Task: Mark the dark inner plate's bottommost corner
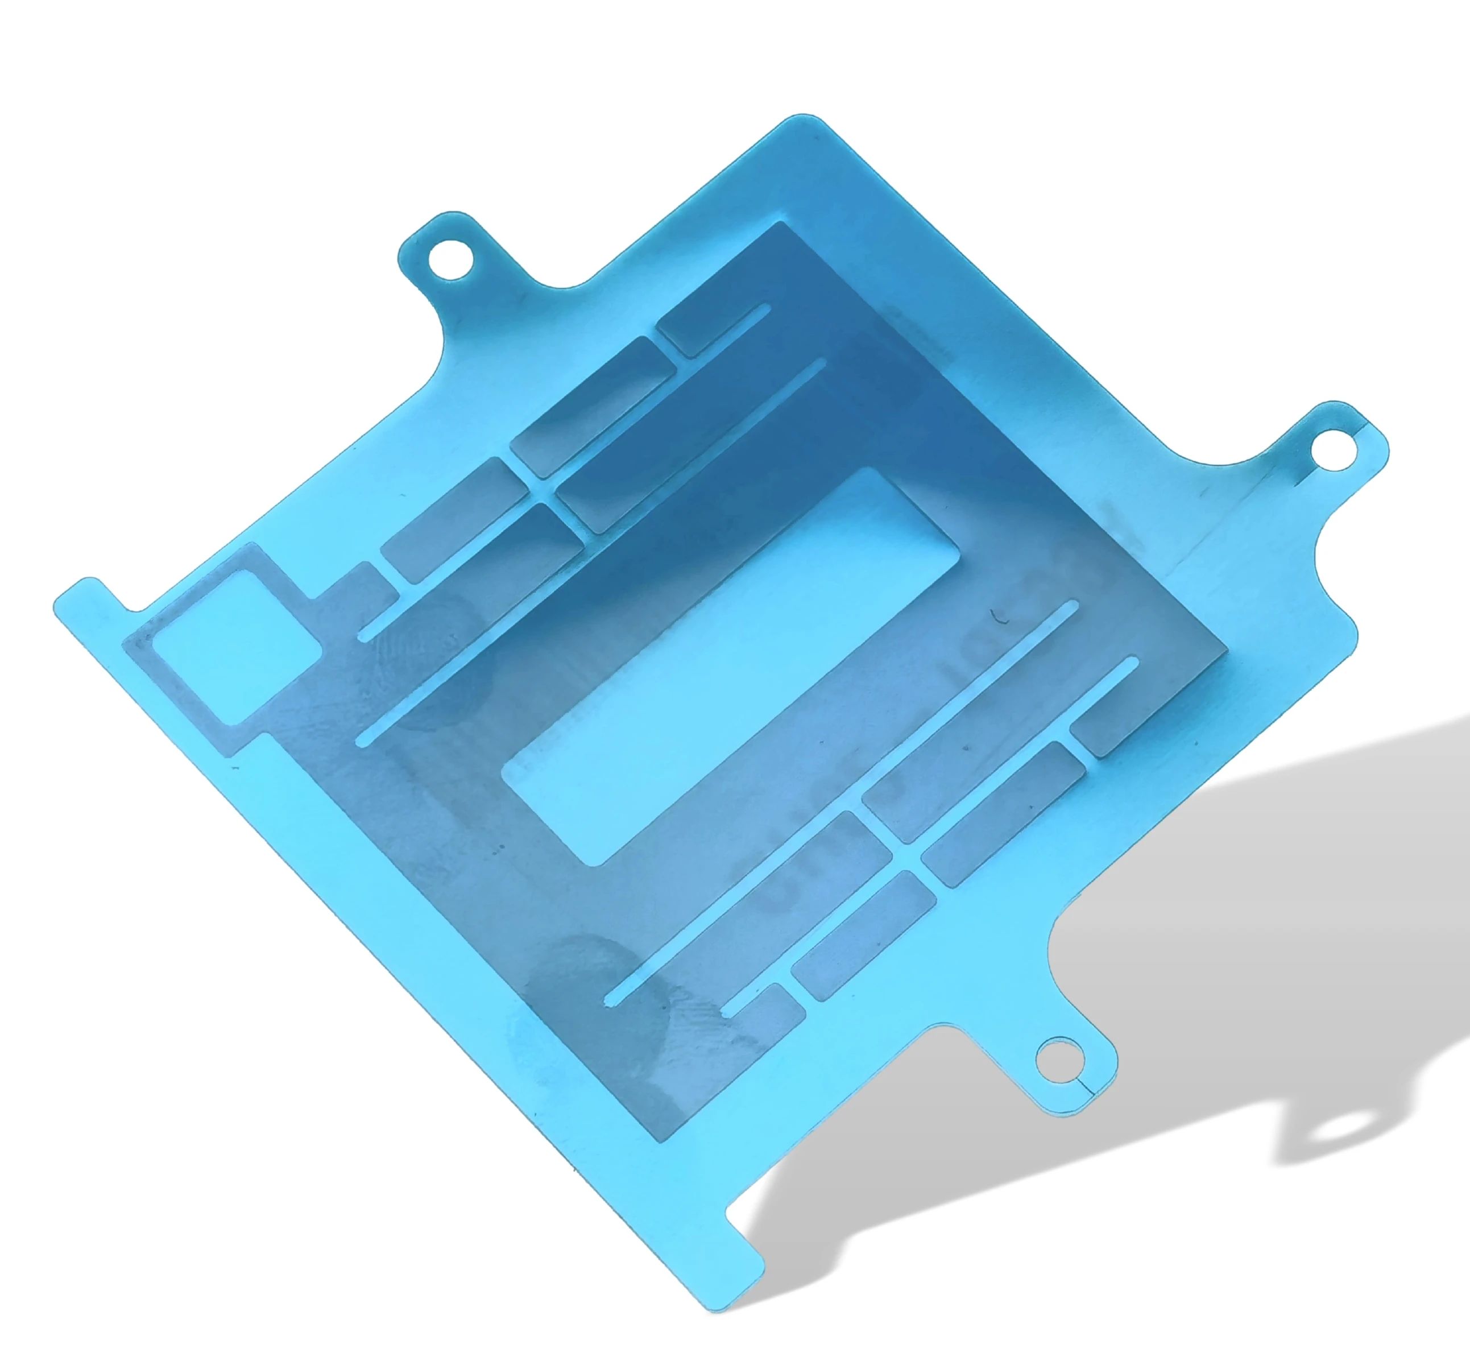tap(669, 1134)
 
